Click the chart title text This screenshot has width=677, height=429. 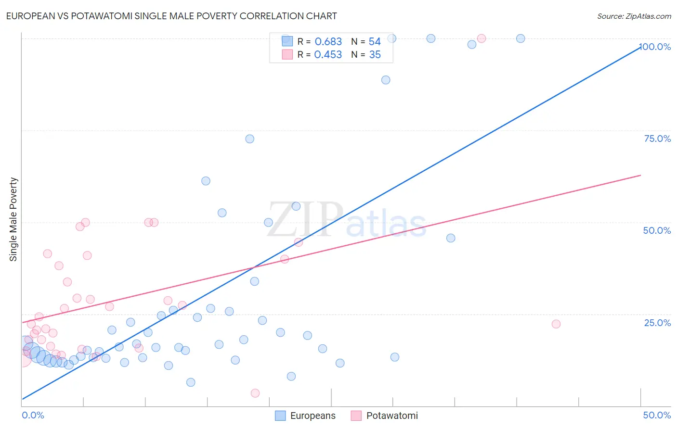[171, 16]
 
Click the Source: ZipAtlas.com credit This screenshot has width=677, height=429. [634, 16]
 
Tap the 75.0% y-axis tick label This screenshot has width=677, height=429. [657, 139]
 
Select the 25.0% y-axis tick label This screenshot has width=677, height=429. [657, 323]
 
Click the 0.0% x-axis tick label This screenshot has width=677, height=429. [33, 415]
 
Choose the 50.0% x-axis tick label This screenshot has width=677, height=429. [657, 415]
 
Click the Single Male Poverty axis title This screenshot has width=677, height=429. [13, 219]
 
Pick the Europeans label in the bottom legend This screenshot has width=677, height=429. [312, 416]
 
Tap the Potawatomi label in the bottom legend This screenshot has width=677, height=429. [392, 416]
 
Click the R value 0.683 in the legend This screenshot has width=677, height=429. [328, 42]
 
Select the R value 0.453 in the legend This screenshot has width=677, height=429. [328, 55]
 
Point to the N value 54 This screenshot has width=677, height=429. [375, 42]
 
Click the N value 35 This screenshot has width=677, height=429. [375, 55]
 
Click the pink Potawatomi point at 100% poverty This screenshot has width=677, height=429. [482, 38]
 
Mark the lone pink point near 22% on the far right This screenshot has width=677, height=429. [556, 324]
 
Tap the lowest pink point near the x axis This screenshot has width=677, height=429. [255, 393]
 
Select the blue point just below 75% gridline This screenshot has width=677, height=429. [249, 139]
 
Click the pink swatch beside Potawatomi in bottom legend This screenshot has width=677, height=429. [356, 416]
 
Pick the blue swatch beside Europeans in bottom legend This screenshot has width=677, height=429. [280, 416]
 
